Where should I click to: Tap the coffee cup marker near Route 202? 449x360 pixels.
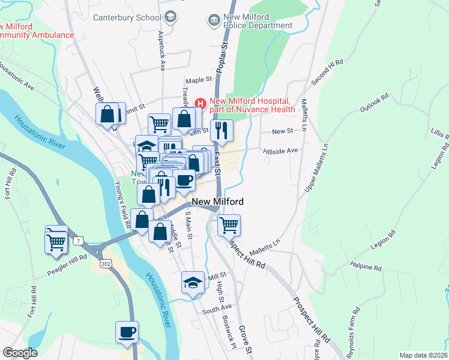click(127, 332)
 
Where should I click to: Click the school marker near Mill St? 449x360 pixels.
click(193, 283)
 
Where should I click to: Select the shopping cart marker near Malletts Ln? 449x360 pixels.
click(229, 226)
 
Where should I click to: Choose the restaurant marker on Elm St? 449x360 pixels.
click(221, 131)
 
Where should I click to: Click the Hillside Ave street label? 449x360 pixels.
click(280, 151)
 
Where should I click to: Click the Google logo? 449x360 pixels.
click(20, 353)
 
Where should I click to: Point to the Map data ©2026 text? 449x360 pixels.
click(423, 355)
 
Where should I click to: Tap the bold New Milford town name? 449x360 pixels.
click(218, 202)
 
